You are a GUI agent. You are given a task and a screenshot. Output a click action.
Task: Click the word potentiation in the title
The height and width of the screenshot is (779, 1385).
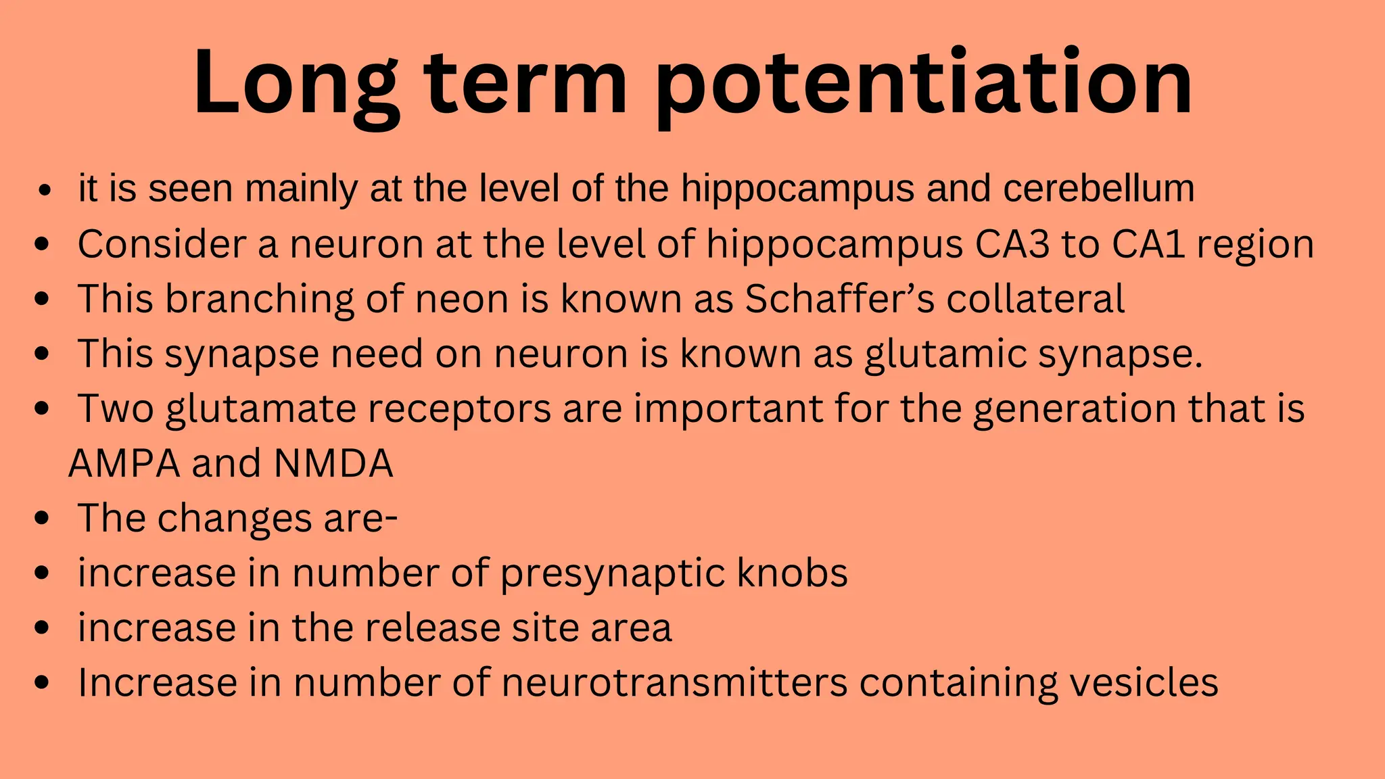(923, 85)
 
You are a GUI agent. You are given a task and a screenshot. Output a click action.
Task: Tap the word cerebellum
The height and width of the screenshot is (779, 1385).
(1099, 188)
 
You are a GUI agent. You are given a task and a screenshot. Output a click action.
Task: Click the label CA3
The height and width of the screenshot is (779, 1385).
(1012, 244)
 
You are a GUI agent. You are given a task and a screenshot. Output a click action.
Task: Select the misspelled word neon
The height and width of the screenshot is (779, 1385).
(461, 299)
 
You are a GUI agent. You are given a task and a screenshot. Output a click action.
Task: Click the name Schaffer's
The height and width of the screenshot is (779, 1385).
(839, 299)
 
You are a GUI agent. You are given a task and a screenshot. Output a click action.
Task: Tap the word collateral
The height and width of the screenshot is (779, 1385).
(1035, 299)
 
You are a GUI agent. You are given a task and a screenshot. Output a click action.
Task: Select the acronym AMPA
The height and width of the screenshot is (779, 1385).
(124, 464)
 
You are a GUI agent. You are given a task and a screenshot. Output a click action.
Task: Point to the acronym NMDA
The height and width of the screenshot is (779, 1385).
(333, 464)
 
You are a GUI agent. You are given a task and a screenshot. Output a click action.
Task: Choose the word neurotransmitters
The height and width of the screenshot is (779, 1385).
(674, 683)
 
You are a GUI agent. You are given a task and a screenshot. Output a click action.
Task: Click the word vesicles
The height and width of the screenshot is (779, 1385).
(1144, 683)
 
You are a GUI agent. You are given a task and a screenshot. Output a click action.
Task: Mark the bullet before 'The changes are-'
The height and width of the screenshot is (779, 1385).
(42, 519)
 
